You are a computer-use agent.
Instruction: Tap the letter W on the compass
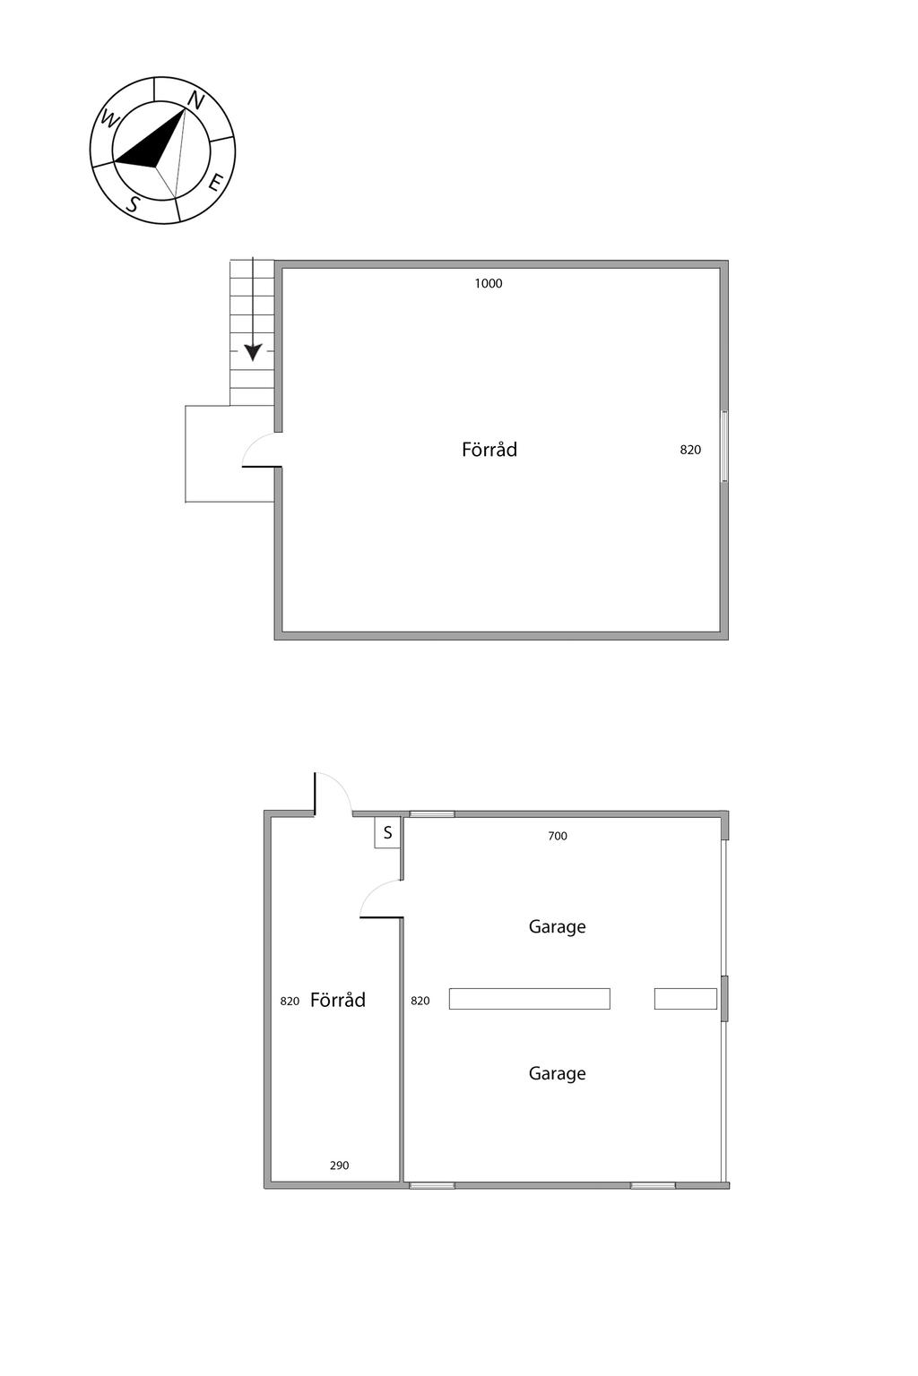[x=109, y=118]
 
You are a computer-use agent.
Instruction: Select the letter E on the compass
[x=215, y=184]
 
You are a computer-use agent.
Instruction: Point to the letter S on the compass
[x=133, y=203]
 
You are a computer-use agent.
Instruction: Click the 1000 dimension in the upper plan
[x=489, y=284]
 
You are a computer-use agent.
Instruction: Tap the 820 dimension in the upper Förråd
[x=690, y=451]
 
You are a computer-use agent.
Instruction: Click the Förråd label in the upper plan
[x=489, y=450]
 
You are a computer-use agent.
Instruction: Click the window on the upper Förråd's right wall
[x=724, y=446]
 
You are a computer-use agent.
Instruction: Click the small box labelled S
[x=387, y=833]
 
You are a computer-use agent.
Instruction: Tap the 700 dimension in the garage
[x=558, y=837]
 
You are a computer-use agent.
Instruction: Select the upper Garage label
[x=557, y=927]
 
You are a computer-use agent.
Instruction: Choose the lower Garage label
[x=557, y=1074]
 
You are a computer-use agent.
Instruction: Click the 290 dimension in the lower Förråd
[x=339, y=1165]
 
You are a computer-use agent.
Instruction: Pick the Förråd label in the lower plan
[x=338, y=1001]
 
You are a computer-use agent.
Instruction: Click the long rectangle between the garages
[x=529, y=999]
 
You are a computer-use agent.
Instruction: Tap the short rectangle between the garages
[x=685, y=999]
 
